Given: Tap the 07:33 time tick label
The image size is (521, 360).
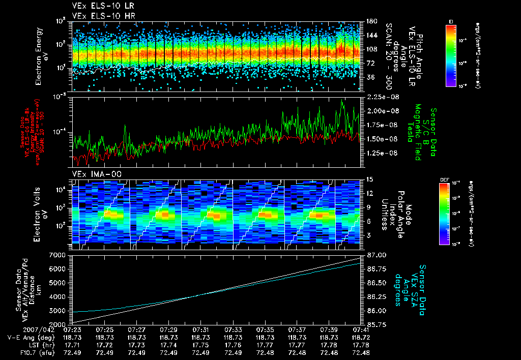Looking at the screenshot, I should [x=233, y=330].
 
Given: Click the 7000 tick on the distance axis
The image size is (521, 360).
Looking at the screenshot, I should [x=60, y=255].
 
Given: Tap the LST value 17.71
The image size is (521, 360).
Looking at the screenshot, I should [x=72, y=345].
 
